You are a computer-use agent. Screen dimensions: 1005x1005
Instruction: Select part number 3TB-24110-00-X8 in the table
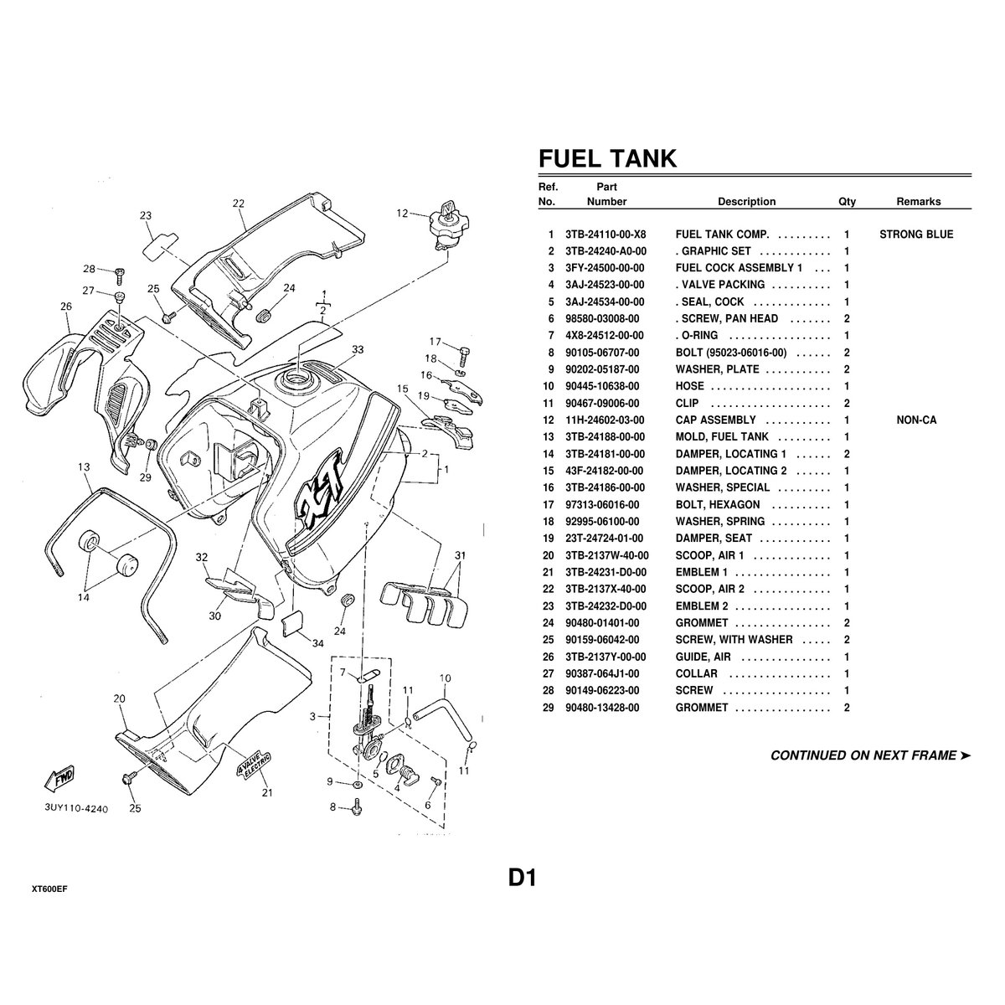608,234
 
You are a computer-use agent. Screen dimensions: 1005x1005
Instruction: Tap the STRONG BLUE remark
916,234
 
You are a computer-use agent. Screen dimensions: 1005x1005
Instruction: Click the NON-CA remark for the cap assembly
916,420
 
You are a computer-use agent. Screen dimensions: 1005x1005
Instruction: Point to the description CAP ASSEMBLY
715,420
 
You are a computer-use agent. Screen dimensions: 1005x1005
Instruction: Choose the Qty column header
847,202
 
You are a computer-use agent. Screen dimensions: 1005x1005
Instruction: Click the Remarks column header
919,202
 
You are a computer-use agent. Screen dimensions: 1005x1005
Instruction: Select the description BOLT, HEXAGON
718,505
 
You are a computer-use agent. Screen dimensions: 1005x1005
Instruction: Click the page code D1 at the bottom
521,878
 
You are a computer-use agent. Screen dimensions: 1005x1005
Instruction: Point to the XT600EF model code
49,889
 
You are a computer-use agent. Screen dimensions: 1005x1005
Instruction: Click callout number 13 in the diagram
84,467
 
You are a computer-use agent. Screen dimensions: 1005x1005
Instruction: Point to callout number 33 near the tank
358,349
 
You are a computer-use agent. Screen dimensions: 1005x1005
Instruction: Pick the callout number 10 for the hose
445,678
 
